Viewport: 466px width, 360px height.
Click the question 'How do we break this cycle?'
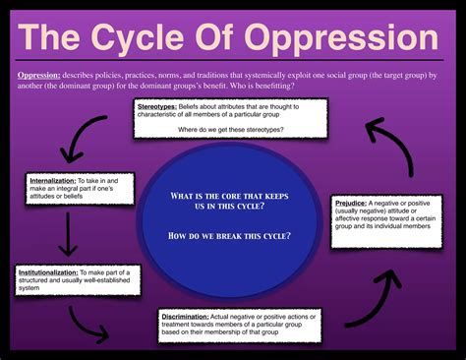point(230,235)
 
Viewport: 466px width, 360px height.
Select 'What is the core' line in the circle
point(230,196)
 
